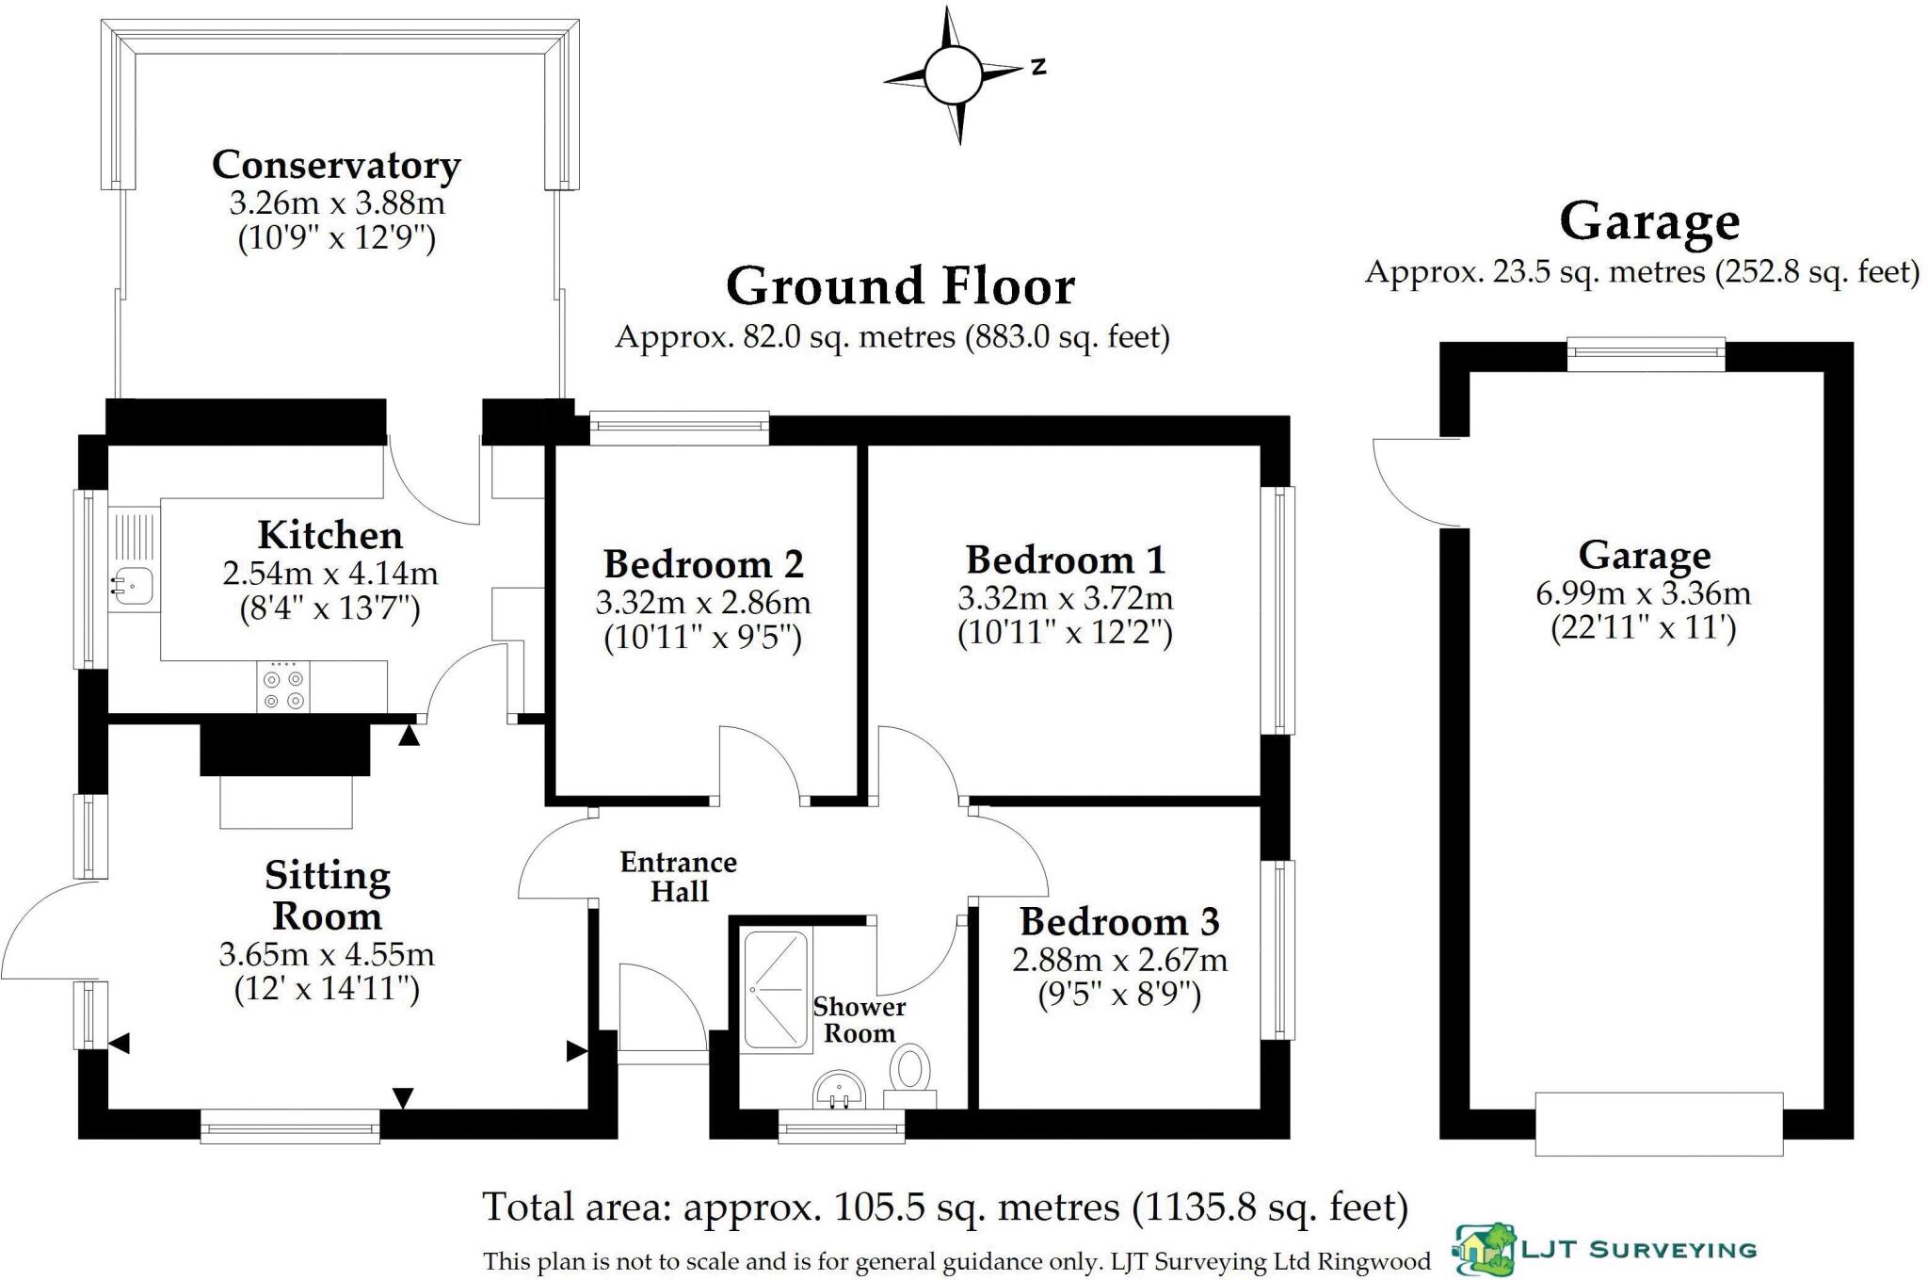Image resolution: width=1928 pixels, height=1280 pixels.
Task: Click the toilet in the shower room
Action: tap(910, 1073)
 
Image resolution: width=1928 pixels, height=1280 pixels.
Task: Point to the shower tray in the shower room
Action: tap(777, 989)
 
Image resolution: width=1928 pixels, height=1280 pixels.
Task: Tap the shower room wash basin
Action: tap(838, 1091)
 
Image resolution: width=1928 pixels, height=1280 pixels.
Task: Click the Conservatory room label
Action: tap(336, 165)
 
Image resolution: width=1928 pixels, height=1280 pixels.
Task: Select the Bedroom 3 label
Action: tap(1118, 921)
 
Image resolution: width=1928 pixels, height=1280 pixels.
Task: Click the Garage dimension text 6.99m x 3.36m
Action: tap(1643, 593)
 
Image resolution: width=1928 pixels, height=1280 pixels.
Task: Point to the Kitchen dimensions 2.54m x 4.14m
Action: tap(329, 573)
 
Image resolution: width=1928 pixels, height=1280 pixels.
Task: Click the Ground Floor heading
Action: tap(900, 286)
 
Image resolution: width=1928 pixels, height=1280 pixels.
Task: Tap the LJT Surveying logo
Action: tap(1606, 1250)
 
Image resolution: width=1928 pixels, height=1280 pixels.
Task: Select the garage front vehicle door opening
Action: tap(1659, 1123)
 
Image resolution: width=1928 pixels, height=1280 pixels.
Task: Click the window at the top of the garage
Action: tap(1646, 355)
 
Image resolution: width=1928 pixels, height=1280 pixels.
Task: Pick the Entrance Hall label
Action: tap(678, 877)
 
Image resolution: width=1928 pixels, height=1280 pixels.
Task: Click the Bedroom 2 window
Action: tap(679, 429)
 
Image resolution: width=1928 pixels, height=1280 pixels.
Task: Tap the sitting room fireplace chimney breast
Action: tap(285, 749)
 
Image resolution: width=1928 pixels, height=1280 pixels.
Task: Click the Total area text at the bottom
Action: tap(945, 1207)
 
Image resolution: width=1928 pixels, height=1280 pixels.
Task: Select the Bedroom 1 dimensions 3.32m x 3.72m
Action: tap(1065, 598)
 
